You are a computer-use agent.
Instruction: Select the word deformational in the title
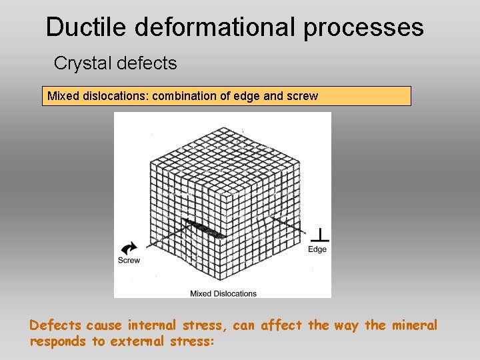tap(214, 27)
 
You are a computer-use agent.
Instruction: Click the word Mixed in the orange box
tap(61, 96)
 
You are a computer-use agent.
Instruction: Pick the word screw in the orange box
tap(302, 96)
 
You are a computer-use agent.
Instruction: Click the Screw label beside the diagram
tap(129, 260)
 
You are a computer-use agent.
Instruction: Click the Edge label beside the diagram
tap(317, 249)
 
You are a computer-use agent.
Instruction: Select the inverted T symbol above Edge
tap(321, 235)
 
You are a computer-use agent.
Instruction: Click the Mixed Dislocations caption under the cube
tap(223, 293)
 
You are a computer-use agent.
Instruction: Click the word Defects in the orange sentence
tap(56, 325)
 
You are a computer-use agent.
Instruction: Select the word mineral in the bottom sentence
tap(414, 325)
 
